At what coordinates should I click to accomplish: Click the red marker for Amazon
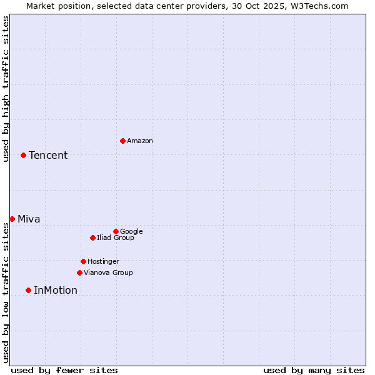point(122,141)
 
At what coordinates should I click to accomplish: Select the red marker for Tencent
point(23,155)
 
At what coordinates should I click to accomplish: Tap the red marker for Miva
point(12,219)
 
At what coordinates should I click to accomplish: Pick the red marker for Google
point(116,231)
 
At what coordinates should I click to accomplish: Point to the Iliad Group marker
point(92,237)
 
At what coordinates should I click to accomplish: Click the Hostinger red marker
point(83,261)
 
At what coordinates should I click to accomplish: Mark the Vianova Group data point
point(79,272)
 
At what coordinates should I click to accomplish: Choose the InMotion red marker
point(28,290)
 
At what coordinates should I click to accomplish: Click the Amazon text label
point(140,141)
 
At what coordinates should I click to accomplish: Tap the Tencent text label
point(48,155)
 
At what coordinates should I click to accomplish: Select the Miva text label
point(29,219)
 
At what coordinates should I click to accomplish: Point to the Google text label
point(131,231)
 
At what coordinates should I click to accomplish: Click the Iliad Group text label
point(116,237)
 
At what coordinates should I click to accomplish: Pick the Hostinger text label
point(103,261)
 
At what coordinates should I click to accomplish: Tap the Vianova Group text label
point(108,272)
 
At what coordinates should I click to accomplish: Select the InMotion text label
point(56,290)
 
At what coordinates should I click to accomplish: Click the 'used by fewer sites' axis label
point(64,370)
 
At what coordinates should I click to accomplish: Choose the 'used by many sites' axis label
point(314,370)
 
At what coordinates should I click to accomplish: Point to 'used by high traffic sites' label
point(6,89)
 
